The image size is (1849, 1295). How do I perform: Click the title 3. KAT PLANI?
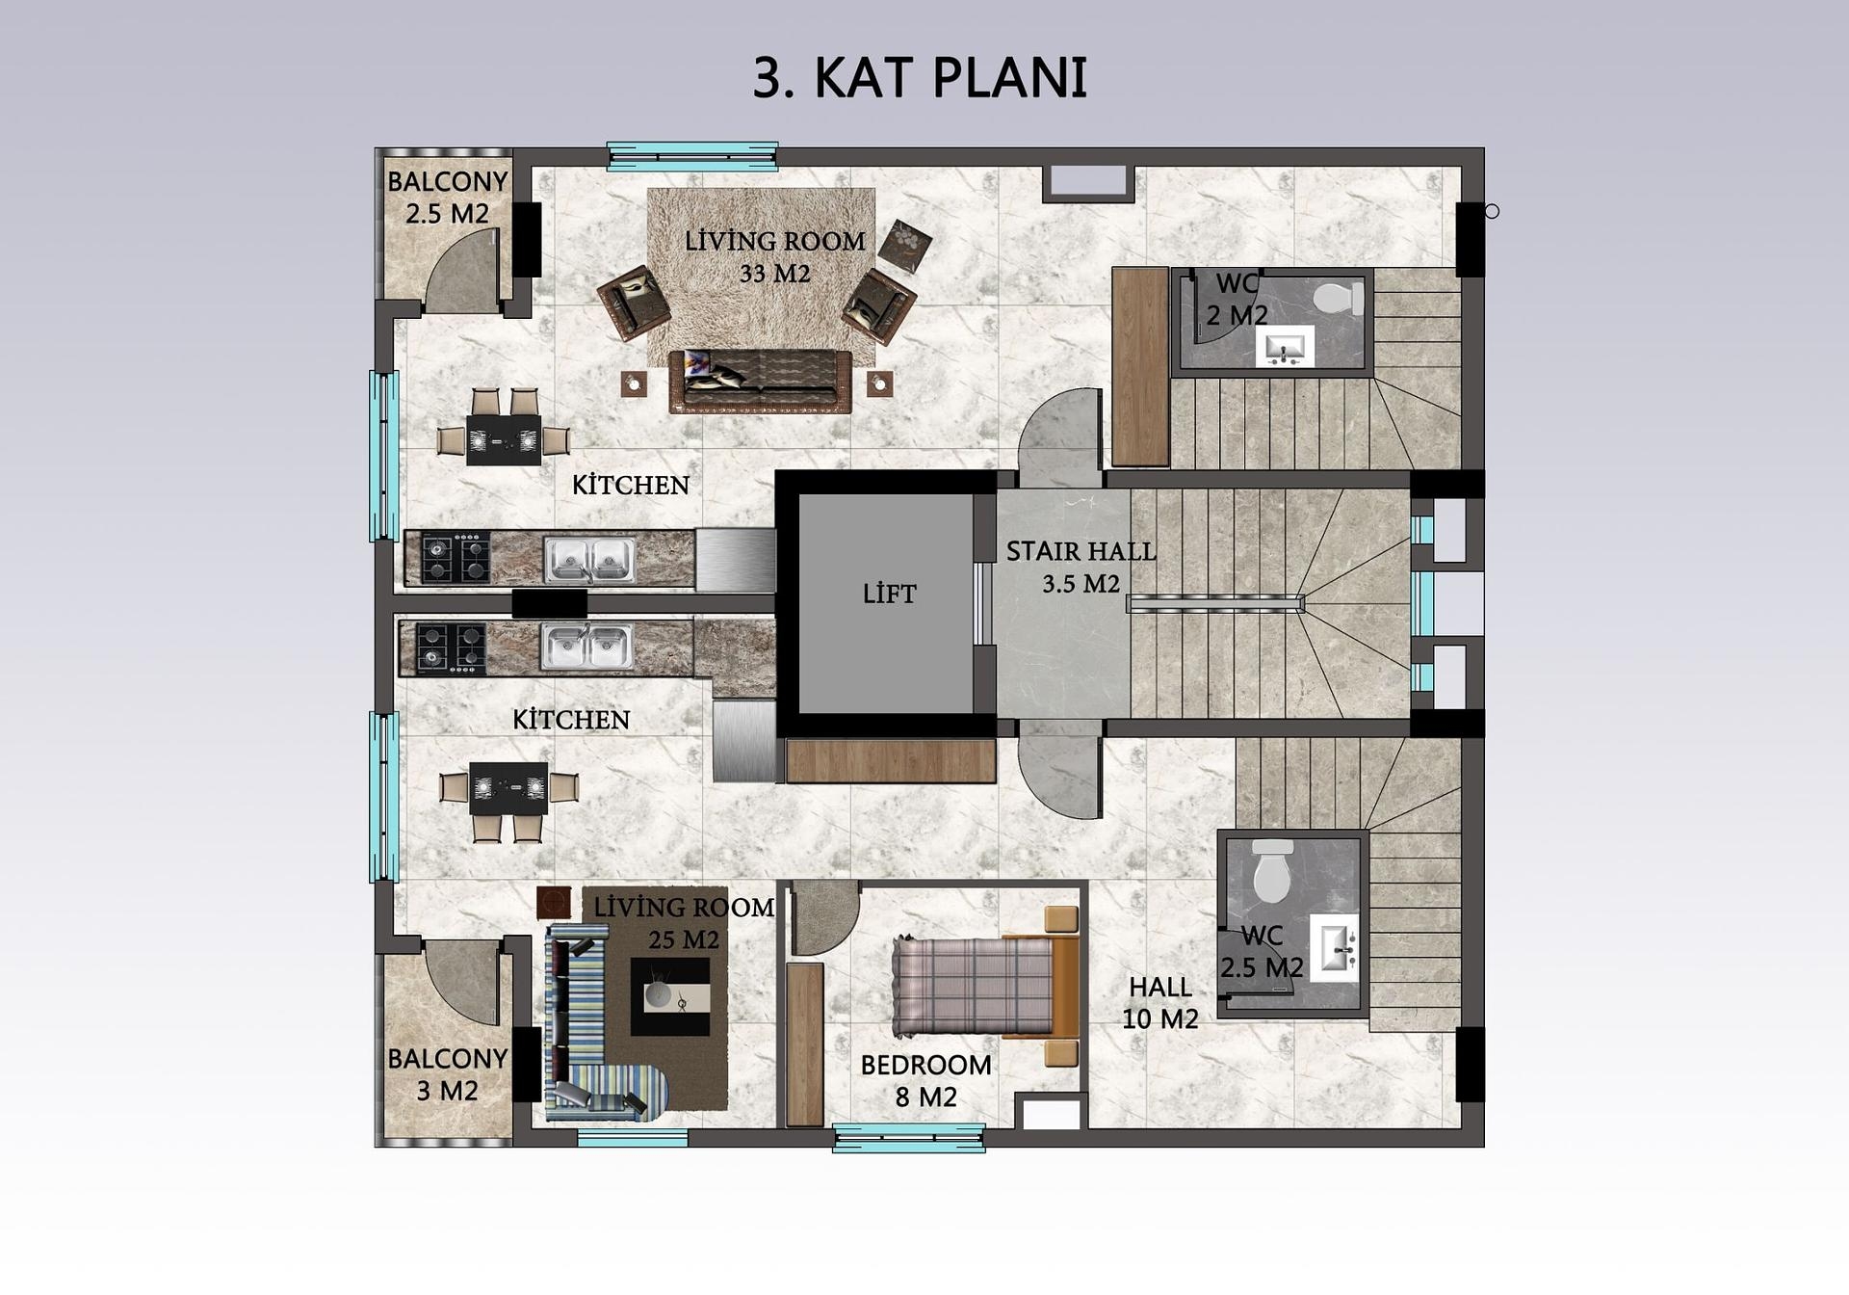click(920, 78)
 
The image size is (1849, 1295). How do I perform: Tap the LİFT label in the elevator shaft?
click(890, 595)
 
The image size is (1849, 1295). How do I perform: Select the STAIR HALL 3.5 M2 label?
click(1081, 568)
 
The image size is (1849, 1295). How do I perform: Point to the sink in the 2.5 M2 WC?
click(1335, 948)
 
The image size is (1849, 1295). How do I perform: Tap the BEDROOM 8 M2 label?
click(925, 1081)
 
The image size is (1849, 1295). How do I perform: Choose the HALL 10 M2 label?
click(1160, 1003)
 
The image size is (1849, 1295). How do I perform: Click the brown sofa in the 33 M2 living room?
click(761, 382)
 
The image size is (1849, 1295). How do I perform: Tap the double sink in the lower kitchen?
click(586, 646)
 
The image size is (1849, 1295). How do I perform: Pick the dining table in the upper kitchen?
click(504, 439)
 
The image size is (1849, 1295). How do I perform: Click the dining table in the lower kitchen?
click(508, 788)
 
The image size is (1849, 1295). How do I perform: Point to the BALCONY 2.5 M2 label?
click(447, 198)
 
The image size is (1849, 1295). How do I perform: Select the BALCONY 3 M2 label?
click(447, 1074)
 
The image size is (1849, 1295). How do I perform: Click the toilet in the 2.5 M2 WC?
click(1273, 871)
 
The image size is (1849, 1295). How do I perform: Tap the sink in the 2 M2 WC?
click(1285, 346)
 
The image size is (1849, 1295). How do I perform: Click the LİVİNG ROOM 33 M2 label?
click(775, 257)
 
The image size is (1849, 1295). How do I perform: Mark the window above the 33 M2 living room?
click(692, 156)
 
